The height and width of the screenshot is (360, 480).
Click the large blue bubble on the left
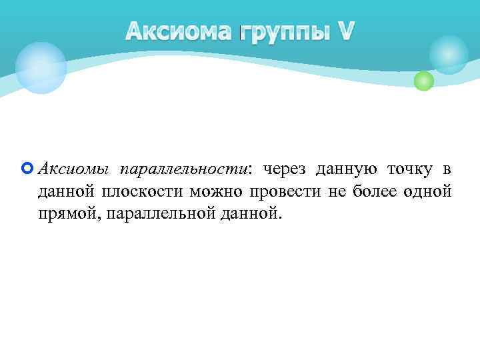tap(41, 67)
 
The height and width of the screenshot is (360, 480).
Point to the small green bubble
tap(423, 81)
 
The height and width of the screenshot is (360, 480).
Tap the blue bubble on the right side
tap(449, 54)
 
